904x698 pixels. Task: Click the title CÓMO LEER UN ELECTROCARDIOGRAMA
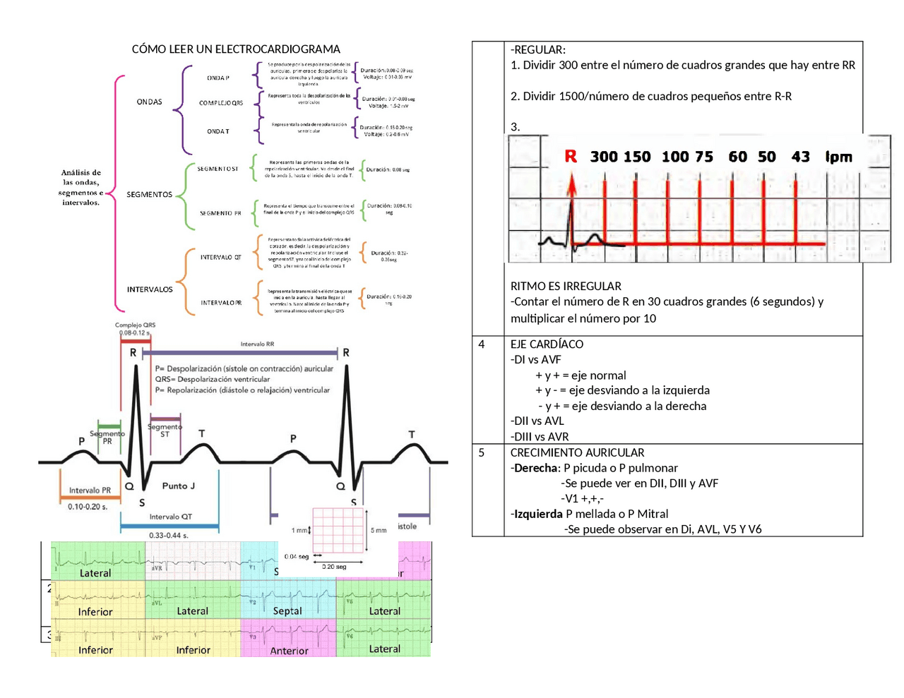(236, 49)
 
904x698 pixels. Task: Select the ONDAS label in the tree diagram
(149, 102)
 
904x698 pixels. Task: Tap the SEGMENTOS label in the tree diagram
(149, 194)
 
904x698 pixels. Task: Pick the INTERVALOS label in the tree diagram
(150, 289)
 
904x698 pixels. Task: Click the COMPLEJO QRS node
(220, 103)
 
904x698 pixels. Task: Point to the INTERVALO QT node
(220, 258)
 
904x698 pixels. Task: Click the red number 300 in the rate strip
(604, 157)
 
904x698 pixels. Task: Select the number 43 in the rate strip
(800, 157)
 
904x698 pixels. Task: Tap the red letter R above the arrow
(571, 157)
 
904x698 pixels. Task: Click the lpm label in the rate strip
(839, 157)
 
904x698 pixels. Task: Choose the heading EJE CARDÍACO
(547, 344)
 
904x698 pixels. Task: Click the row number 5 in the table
(482, 453)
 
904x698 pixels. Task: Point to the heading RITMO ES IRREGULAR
(566, 286)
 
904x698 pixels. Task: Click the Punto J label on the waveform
(178, 486)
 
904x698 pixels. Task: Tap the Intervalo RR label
(257, 344)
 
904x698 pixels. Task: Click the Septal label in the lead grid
(287, 611)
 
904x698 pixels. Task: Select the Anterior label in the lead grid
(289, 651)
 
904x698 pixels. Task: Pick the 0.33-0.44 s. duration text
(168, 536)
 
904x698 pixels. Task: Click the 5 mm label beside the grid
(379, 530)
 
